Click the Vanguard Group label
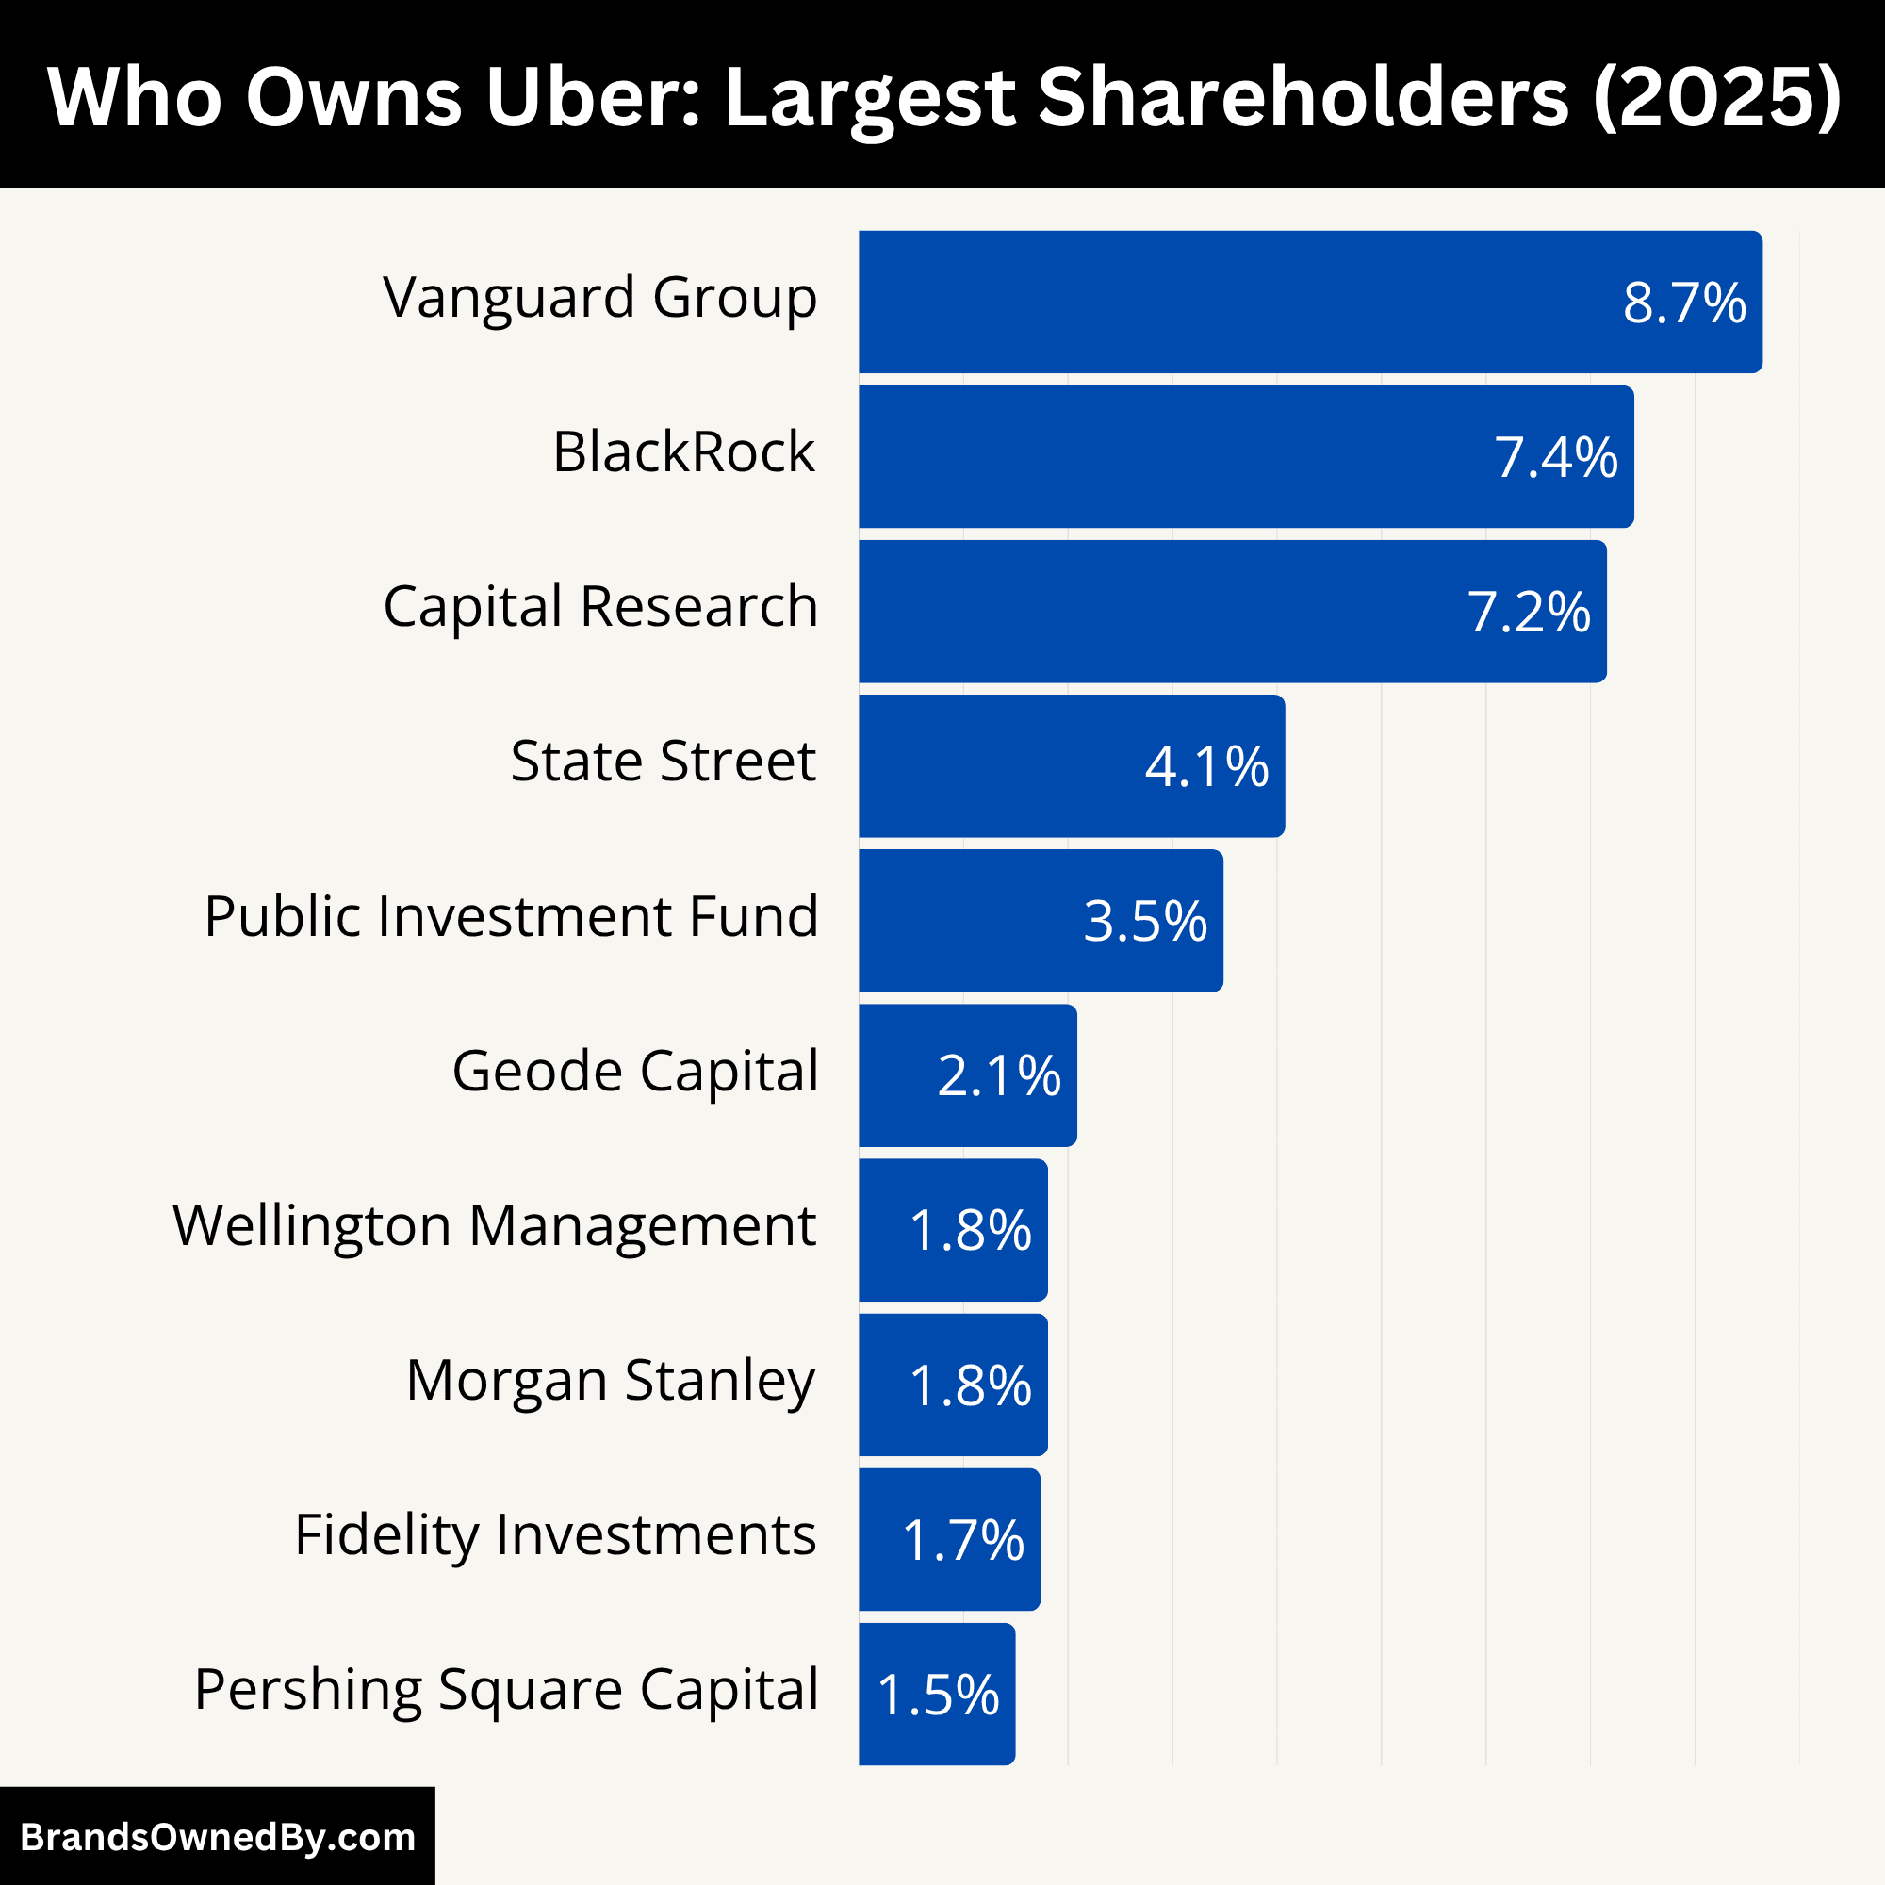[599, 298]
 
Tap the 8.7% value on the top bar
[1684, 303]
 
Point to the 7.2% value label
[1529, 613]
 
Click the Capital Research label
[600, 607]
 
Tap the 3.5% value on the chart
[1145, 921]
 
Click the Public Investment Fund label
[510, 916]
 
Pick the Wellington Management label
[495, 1225]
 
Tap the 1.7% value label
[963, 1541]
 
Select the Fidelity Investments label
[554, 1534]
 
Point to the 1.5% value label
[938, 1695]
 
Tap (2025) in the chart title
[1717, 98]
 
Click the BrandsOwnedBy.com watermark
[218, 1837]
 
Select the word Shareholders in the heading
[1303, 98]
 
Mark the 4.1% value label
[1207, 767]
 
